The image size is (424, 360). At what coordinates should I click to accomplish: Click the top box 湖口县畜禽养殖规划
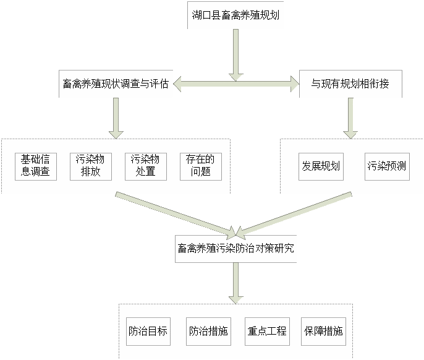point(235,15)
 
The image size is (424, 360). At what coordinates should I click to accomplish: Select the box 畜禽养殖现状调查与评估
point(115,84)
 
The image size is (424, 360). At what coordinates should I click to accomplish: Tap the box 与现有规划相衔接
point(350,84)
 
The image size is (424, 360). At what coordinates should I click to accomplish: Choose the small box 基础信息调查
point(36,166)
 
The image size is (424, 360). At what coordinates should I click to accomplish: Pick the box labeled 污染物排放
point(91,166)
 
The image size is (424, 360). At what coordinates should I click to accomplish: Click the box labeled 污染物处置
point(146,166)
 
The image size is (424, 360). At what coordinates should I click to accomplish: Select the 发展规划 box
point(321,166)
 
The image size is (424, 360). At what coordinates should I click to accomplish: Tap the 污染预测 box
point(387,166)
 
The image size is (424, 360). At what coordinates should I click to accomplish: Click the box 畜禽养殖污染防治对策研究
point(235,249)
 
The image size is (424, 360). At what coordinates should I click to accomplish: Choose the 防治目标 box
point(147,331)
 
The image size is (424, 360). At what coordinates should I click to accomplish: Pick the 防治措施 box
point(208,331)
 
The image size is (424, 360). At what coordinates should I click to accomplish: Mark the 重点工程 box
point(266,331)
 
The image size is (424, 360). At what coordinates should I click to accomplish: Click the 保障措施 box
point(323,331)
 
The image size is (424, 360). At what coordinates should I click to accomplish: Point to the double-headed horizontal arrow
point(235,84)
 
